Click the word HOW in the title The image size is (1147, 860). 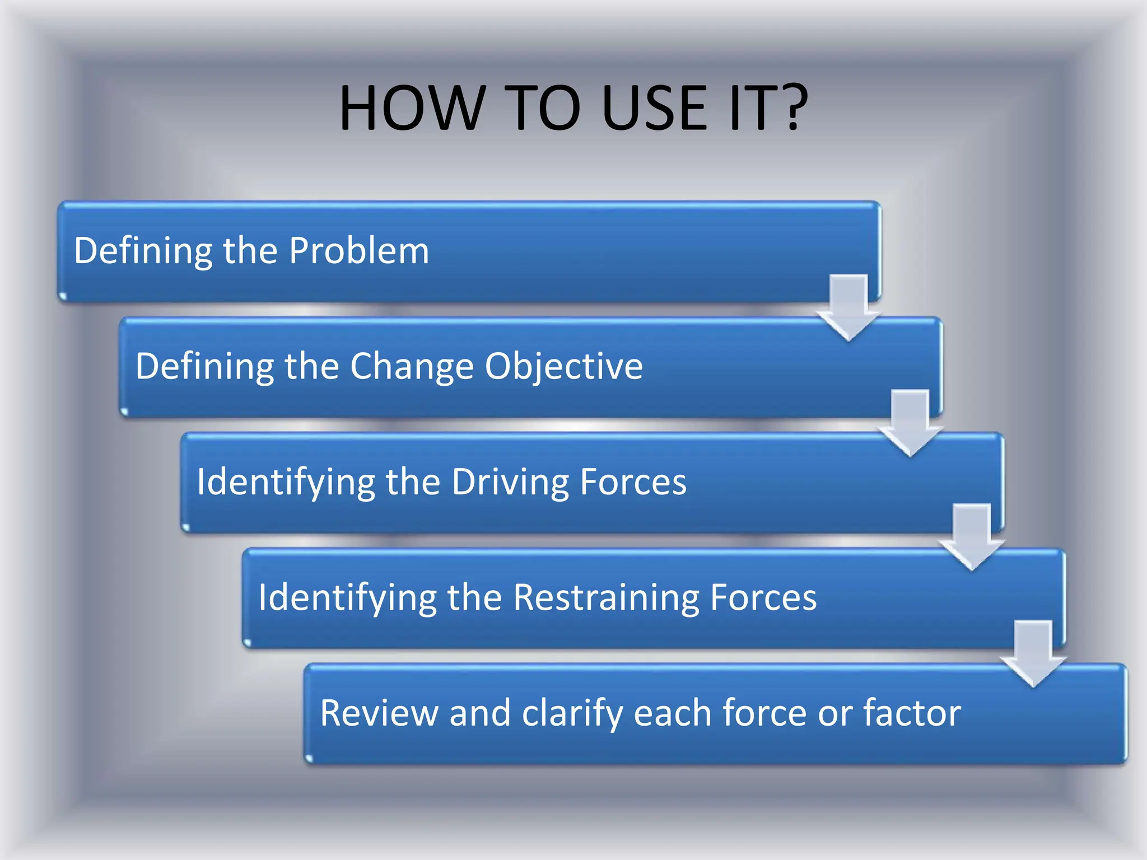click(x=412, y=108)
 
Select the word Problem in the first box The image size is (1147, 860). click(x=359, y=250)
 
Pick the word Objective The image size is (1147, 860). click(x=564, y=367)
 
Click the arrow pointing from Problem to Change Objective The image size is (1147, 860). click(x=848, y=307)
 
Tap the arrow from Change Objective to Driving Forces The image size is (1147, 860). click(x=910, y=424)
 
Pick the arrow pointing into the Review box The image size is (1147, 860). click(x=1033, y=654)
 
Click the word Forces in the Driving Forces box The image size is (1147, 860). click(x=633, y=482)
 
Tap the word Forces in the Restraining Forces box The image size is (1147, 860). click(x=763, y=597)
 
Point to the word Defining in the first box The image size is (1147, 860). click(x=143, y=251)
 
